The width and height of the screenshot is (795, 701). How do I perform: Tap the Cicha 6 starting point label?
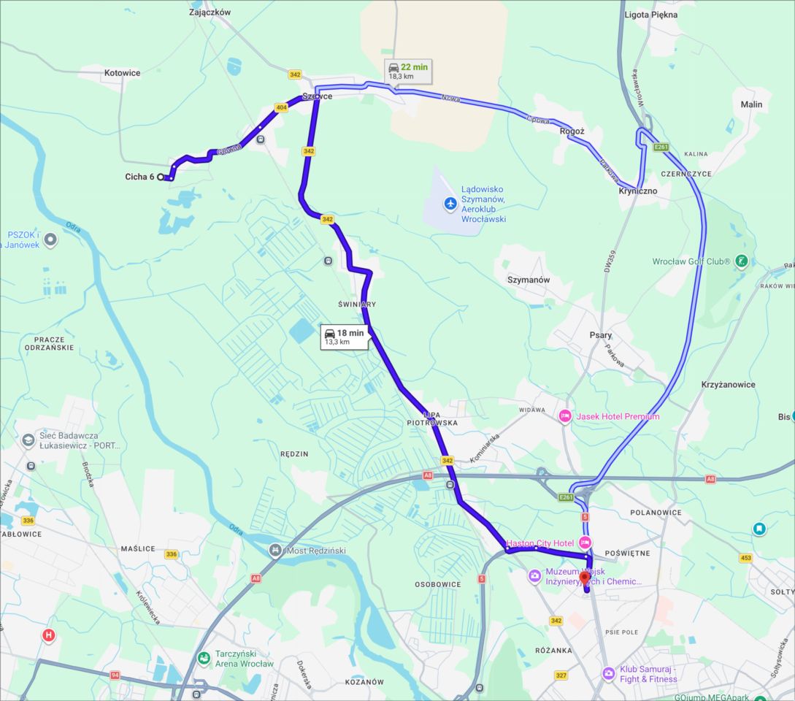(x=139, y=177)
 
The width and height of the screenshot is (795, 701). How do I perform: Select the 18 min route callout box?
(x=344, y=337)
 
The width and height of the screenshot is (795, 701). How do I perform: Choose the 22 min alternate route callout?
(x=407, y=71)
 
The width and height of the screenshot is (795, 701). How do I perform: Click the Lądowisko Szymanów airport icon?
(x=450, y=202)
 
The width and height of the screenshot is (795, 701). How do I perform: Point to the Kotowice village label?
(x=122, y=73)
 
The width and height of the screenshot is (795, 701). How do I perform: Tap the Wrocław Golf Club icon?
(x=742, y=261)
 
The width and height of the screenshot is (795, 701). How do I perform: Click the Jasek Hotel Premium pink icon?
(x=565, y=416)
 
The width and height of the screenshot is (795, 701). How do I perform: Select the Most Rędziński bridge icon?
(x=275, y=550)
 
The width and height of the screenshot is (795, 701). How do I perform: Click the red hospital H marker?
(x=49, y=635)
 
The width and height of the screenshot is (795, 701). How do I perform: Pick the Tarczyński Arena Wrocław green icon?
(x=203, y=659)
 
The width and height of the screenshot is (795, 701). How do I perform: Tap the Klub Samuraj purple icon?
(x=608, y=673)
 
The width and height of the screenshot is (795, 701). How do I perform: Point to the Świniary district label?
(x=357, y=304)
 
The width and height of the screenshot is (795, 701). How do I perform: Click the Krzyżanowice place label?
(x=728, y=385)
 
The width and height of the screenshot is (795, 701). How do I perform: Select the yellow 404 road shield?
(x=281, y=107)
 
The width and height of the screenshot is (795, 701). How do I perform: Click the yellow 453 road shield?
(x=745, y=558)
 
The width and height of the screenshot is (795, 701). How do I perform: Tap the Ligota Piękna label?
(x=651, y=15)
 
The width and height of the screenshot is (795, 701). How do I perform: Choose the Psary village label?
(x=601, y=336)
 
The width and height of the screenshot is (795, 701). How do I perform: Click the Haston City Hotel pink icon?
(x=585, y=543)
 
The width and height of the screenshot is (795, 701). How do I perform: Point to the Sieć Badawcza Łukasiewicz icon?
(x=28, y=440)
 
